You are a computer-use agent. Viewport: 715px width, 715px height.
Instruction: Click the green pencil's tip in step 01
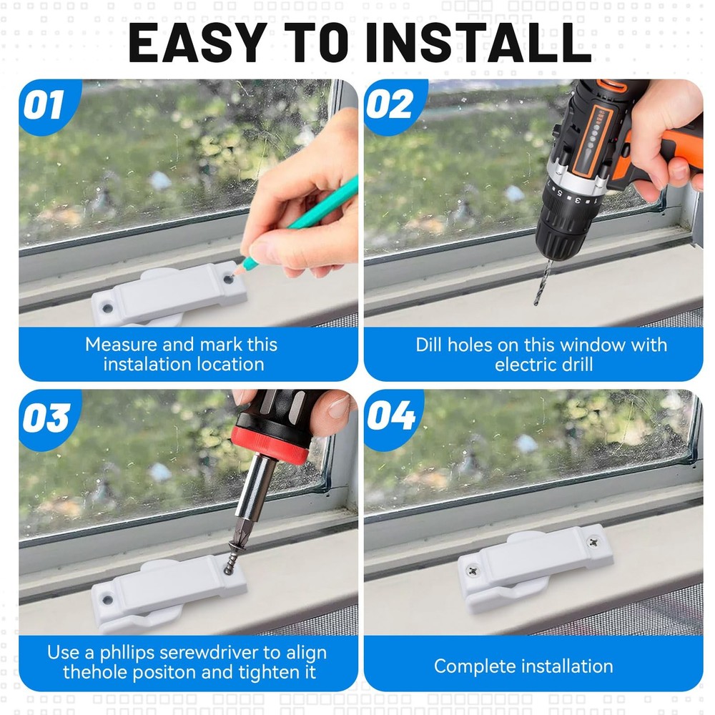point(244,268)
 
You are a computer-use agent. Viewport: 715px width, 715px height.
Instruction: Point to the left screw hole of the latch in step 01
point(107,307)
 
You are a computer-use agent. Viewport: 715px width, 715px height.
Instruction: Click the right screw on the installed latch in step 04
point(591,543)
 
